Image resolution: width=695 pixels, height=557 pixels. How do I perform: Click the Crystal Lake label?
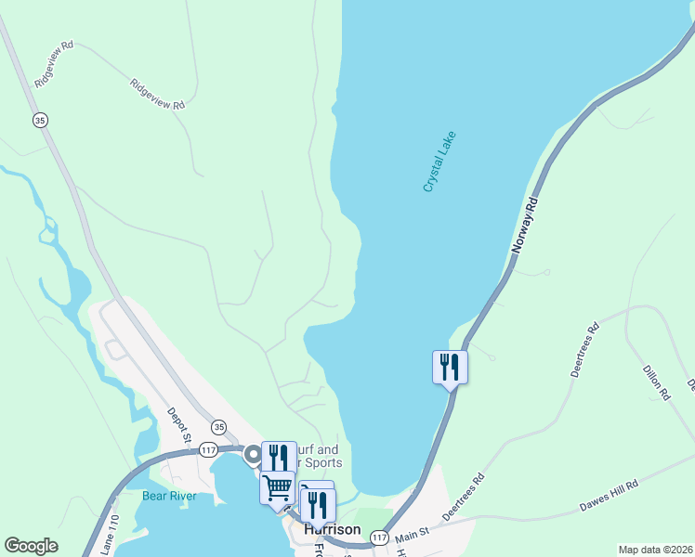[439, 162]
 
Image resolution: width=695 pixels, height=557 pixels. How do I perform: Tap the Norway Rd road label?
[525, 225]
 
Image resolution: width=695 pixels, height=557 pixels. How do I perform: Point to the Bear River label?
[169, 496]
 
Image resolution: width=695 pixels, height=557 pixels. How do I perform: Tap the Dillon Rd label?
[656, 382]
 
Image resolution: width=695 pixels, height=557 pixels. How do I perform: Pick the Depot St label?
[179, 424]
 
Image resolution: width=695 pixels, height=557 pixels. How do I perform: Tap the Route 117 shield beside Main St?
[379, 538]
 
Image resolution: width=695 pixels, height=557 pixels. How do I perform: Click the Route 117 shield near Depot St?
[208, 450]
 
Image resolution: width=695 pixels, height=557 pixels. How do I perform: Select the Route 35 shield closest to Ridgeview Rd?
[38, 120]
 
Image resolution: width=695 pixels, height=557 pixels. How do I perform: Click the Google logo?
[32, 546]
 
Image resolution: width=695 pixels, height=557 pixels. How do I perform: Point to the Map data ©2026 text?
[654, 550]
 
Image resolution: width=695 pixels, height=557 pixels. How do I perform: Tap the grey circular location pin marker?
[252, 455]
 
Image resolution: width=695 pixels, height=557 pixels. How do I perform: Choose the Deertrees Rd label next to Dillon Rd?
[584, 349]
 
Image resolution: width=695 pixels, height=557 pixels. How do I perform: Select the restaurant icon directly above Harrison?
[318, 507]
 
